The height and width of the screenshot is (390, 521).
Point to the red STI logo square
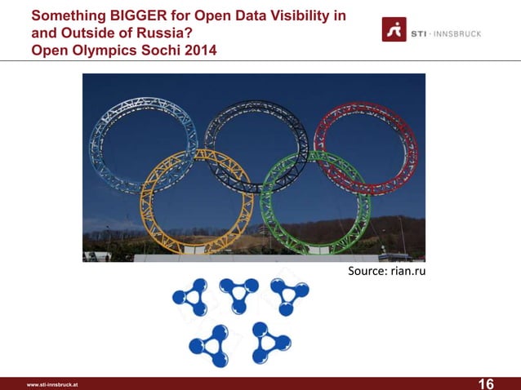pos(394,29)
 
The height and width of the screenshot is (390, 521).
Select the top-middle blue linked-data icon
pos(238,293)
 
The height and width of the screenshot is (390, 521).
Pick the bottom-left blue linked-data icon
pos(213,346)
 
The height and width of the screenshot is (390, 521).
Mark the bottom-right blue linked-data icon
pos(269,342)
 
